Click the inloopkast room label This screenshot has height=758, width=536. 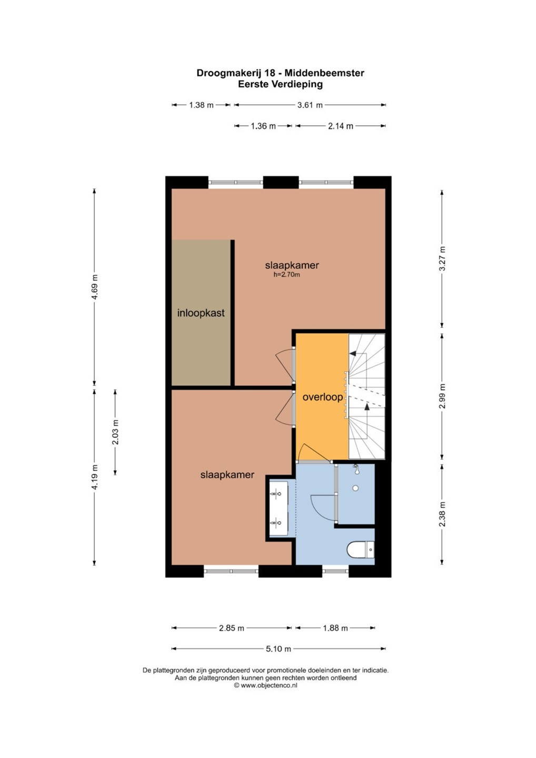(201, 313)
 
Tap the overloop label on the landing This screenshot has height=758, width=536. (322, 397)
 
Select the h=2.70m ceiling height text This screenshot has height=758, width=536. (286, 275)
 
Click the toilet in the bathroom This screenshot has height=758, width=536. (361, 550)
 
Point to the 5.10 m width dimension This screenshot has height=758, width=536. (279, 649)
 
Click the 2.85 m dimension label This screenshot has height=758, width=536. (232, 628)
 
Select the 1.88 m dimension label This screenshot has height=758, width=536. (335, 628)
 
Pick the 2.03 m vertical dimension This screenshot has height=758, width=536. (115, 432)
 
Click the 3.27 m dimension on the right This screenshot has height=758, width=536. (442, 258)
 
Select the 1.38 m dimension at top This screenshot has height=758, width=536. (201, 105)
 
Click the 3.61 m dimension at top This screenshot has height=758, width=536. (310, 105)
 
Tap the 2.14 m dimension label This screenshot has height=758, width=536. (341, 126)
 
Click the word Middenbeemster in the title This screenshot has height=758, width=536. (324, 73)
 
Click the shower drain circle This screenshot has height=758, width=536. (355, 488)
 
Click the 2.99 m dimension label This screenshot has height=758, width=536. (442, 396)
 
